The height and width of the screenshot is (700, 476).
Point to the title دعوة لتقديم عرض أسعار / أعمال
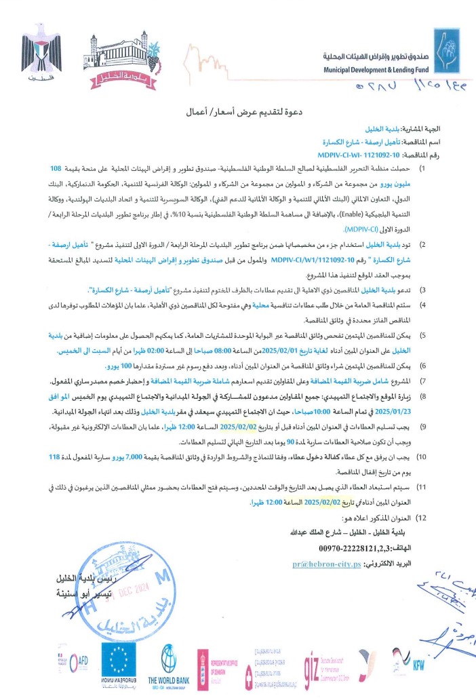click(237, 109)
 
